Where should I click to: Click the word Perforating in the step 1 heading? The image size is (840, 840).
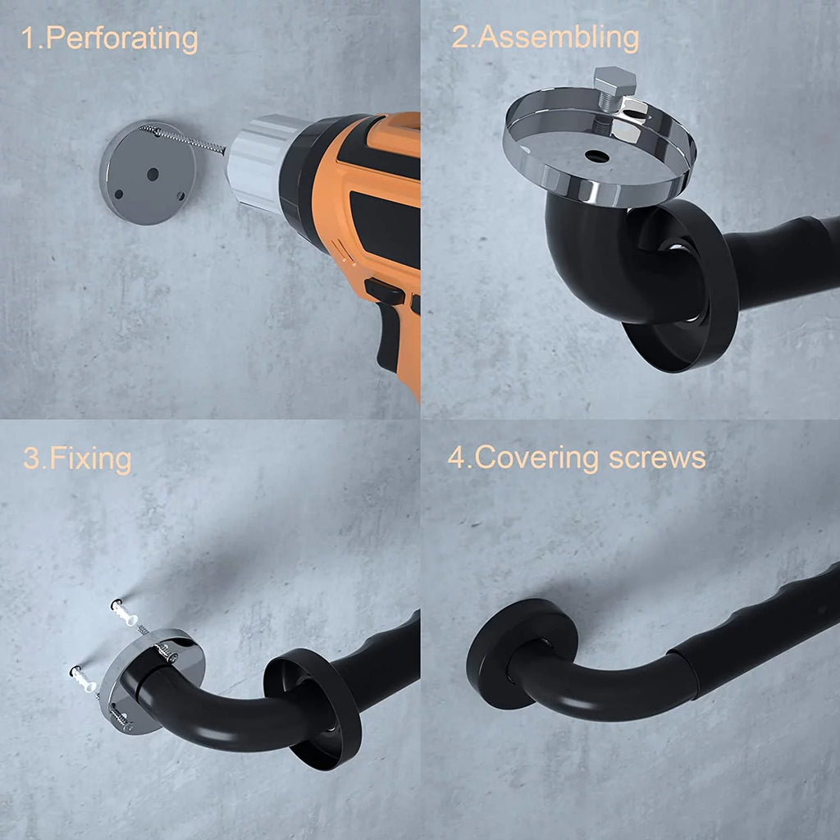[122, 39]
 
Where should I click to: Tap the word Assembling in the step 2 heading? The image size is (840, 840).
[559, 38]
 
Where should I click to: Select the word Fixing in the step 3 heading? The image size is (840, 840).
[90, 459]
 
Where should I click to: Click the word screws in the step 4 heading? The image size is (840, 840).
[657, 459]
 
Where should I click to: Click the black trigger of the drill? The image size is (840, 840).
[384, 291]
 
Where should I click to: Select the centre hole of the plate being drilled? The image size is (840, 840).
[153, 174]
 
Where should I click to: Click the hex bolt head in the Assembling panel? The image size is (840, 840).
[614, 82]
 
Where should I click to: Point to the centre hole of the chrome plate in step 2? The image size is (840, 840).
[596, 157]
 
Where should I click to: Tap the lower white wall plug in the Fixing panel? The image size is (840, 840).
[84, 678]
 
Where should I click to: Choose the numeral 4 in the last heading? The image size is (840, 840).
[457, 458]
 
